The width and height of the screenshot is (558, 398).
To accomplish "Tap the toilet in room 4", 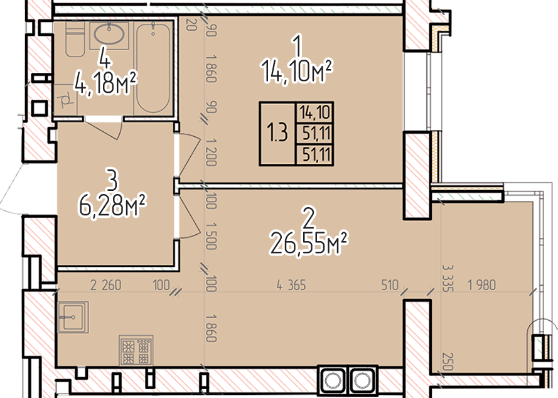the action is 75,38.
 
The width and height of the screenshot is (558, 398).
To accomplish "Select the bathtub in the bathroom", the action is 153,68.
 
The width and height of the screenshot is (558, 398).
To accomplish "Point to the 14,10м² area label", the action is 297,72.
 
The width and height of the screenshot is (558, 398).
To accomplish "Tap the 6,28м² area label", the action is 112,206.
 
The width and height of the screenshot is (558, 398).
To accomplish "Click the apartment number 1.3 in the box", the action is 277,133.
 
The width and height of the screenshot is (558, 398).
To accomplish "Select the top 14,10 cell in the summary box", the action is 315,113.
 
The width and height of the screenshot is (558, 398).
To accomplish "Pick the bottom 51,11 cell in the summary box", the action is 315,155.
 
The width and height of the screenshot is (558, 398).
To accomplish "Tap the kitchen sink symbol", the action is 73,317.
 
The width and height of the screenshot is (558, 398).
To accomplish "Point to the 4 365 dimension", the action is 291,285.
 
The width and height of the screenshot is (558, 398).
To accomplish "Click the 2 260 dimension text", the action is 105,285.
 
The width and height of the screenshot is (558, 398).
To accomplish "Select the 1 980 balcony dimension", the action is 481,285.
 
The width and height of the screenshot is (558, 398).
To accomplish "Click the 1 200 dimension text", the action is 211,153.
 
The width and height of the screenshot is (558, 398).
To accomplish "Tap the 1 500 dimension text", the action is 211,236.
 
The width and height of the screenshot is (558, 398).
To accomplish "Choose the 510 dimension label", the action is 390,285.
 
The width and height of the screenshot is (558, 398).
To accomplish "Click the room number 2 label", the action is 308,219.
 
